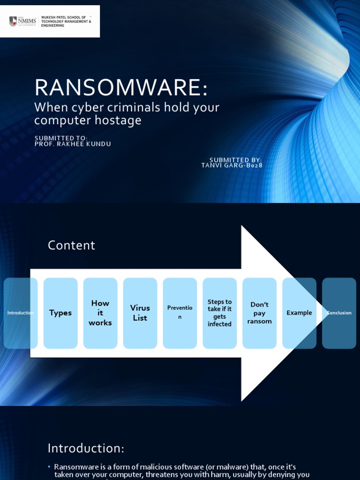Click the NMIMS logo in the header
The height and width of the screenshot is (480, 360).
pyautogui.click(x=23, y=21)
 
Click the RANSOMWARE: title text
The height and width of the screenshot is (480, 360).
pyautogui.click(x=121, y=88)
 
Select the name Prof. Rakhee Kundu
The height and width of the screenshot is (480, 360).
pyautogui.click(x=73, y=144)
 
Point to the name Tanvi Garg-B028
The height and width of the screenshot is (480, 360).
pyautogui.click(x=232, y=165)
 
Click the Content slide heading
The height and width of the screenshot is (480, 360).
pyautogui.click(x=71, y=245)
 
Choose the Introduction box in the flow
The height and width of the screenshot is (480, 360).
pyautogui.click(x=21, y=313)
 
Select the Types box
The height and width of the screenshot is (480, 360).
pyautogui.click(x=60, y=313)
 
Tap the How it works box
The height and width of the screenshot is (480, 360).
pyautogui.click(x=100, y=313)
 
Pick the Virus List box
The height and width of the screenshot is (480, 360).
pyautogui.click(x=140, y=313)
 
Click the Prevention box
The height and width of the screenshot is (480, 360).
pyautogui.click(x=180, y=313)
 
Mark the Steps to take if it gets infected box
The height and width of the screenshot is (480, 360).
pyautogui.click(x=220, y=313)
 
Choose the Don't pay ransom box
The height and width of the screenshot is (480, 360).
pyautogui.click(x=260, y=313)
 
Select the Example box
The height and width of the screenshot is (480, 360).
pyautogui.click(x=300, y=313)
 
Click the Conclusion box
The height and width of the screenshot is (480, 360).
pyautogui.click(x=339, y=313)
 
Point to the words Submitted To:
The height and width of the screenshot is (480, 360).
pyautogui.click(x=61, y=138)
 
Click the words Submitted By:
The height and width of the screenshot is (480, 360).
pyautogui.click(x=235, y=160)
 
